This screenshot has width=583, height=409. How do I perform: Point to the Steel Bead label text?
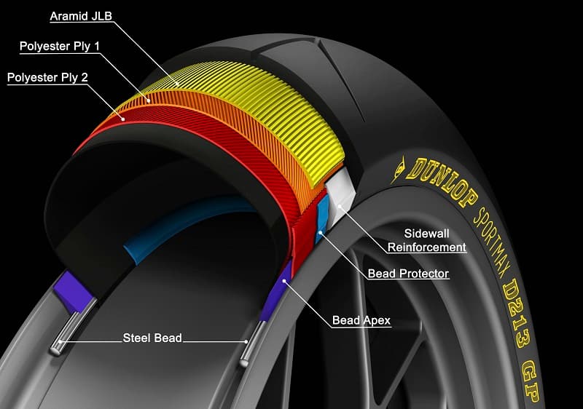[x=152, y=338]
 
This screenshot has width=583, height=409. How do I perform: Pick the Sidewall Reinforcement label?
[x=426, y=241]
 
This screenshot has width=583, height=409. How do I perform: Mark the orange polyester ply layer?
[x=240, y=142]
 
